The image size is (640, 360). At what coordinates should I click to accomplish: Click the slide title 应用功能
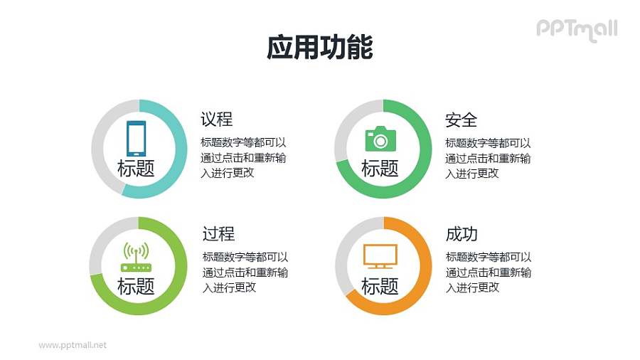319,48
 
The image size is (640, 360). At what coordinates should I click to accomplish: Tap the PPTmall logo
576,29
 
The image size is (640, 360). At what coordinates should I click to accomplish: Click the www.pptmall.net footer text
73,345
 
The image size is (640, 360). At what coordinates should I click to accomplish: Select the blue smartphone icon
136,138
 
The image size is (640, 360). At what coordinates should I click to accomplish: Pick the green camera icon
380,139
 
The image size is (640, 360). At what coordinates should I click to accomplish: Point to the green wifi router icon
136,258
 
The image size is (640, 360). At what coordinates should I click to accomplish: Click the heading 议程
217,119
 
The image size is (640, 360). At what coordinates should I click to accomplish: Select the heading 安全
461,119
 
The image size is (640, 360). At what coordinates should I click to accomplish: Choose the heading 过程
218,234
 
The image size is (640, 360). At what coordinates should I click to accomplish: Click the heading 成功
462,234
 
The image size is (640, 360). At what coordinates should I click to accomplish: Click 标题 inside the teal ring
136,169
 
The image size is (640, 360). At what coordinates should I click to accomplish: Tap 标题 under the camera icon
380,169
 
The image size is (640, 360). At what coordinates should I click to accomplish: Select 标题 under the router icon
136,286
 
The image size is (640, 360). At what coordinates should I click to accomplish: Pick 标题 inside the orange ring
380,286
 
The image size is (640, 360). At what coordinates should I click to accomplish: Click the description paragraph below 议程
245,157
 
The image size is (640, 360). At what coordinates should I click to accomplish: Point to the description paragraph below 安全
489,157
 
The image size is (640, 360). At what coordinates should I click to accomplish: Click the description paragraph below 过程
245,272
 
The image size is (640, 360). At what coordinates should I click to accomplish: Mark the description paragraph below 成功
489,272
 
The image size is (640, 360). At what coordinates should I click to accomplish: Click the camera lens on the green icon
381,141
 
